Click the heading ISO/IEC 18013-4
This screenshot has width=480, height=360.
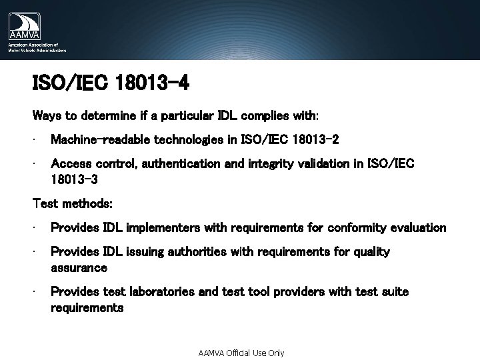click(111, 84)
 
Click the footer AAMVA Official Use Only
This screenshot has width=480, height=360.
click(241, 353)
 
